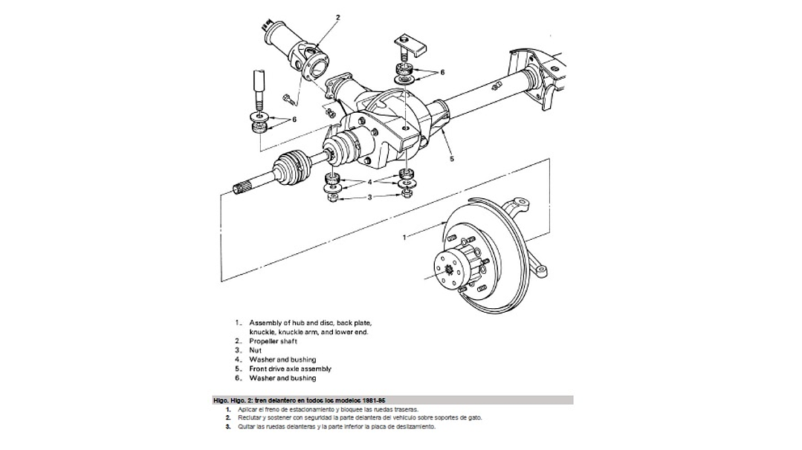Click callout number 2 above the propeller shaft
pos(337,16)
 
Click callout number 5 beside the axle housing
pos(451,158)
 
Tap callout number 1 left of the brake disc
pos(404,237)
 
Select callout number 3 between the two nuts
pos(369,197)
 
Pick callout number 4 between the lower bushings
pos(369,181)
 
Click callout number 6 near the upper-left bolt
pos(294,119)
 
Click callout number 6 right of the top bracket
pos(442,72)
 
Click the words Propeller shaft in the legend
pos(273,342)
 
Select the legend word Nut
pos(255,350)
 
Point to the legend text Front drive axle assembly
pos(290,369)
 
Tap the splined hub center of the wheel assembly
pos(450,272)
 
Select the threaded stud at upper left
pos(259,89)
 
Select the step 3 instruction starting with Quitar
pos(335,427)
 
